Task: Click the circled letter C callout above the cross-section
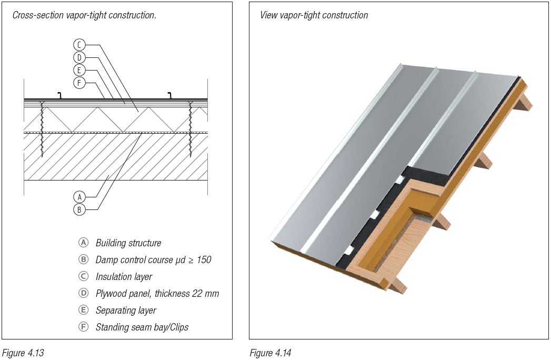(79, 45)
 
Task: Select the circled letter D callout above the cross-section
(79, 57)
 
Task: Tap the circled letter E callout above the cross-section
(79, 69)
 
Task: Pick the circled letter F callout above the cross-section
(79, 82)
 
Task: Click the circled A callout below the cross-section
(79, 196)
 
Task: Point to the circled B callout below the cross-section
(79, 209)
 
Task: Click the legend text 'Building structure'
(128, 243)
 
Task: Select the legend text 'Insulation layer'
(124, 277)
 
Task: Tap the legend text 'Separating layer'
(126, 311)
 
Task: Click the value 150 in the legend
(203, 260)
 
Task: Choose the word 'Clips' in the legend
(178, 327)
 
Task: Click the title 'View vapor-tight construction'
(314, 15)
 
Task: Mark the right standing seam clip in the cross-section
(169, 95)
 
